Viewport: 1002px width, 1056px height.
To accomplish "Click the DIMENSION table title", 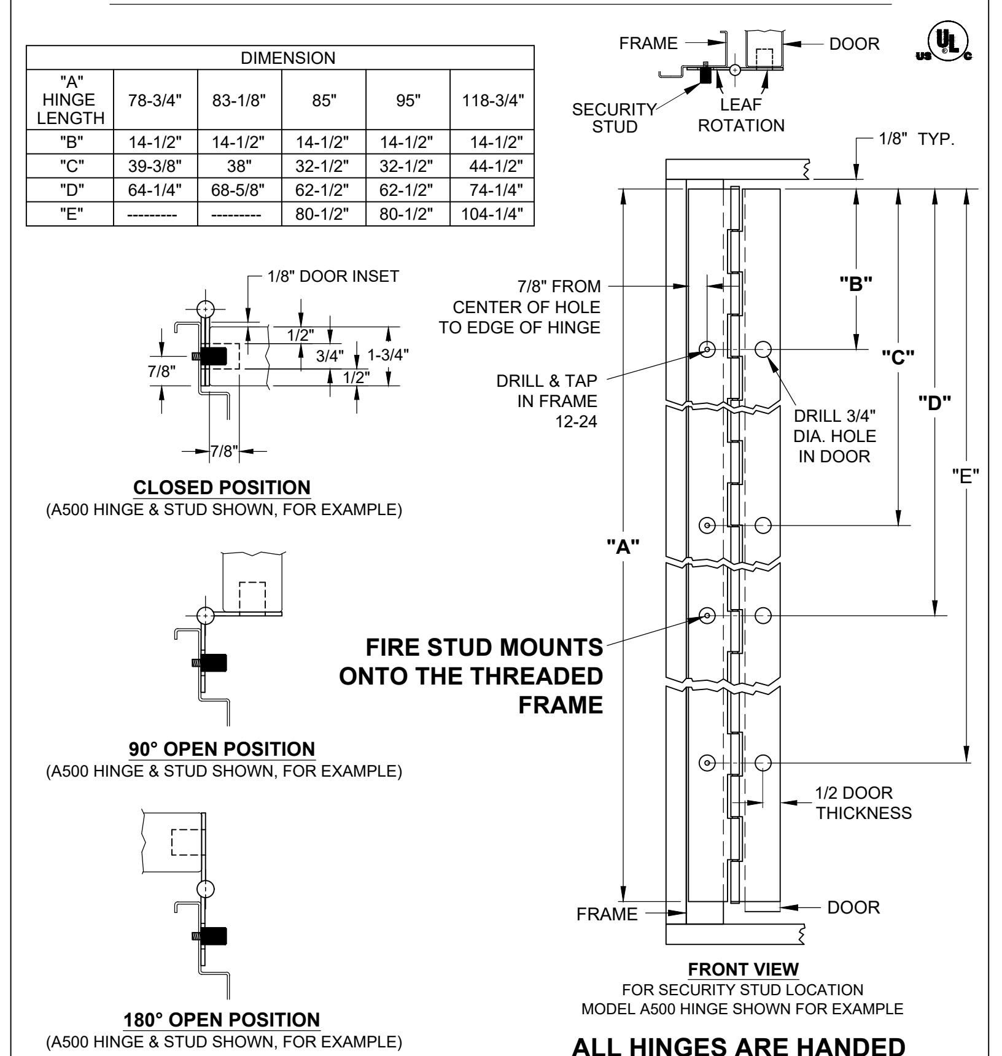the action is click(x=280, y=58).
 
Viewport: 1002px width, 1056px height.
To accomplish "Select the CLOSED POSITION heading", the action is click(x=222, y=488).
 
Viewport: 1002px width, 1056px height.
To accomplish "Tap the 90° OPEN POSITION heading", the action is click(x=222, y=749).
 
